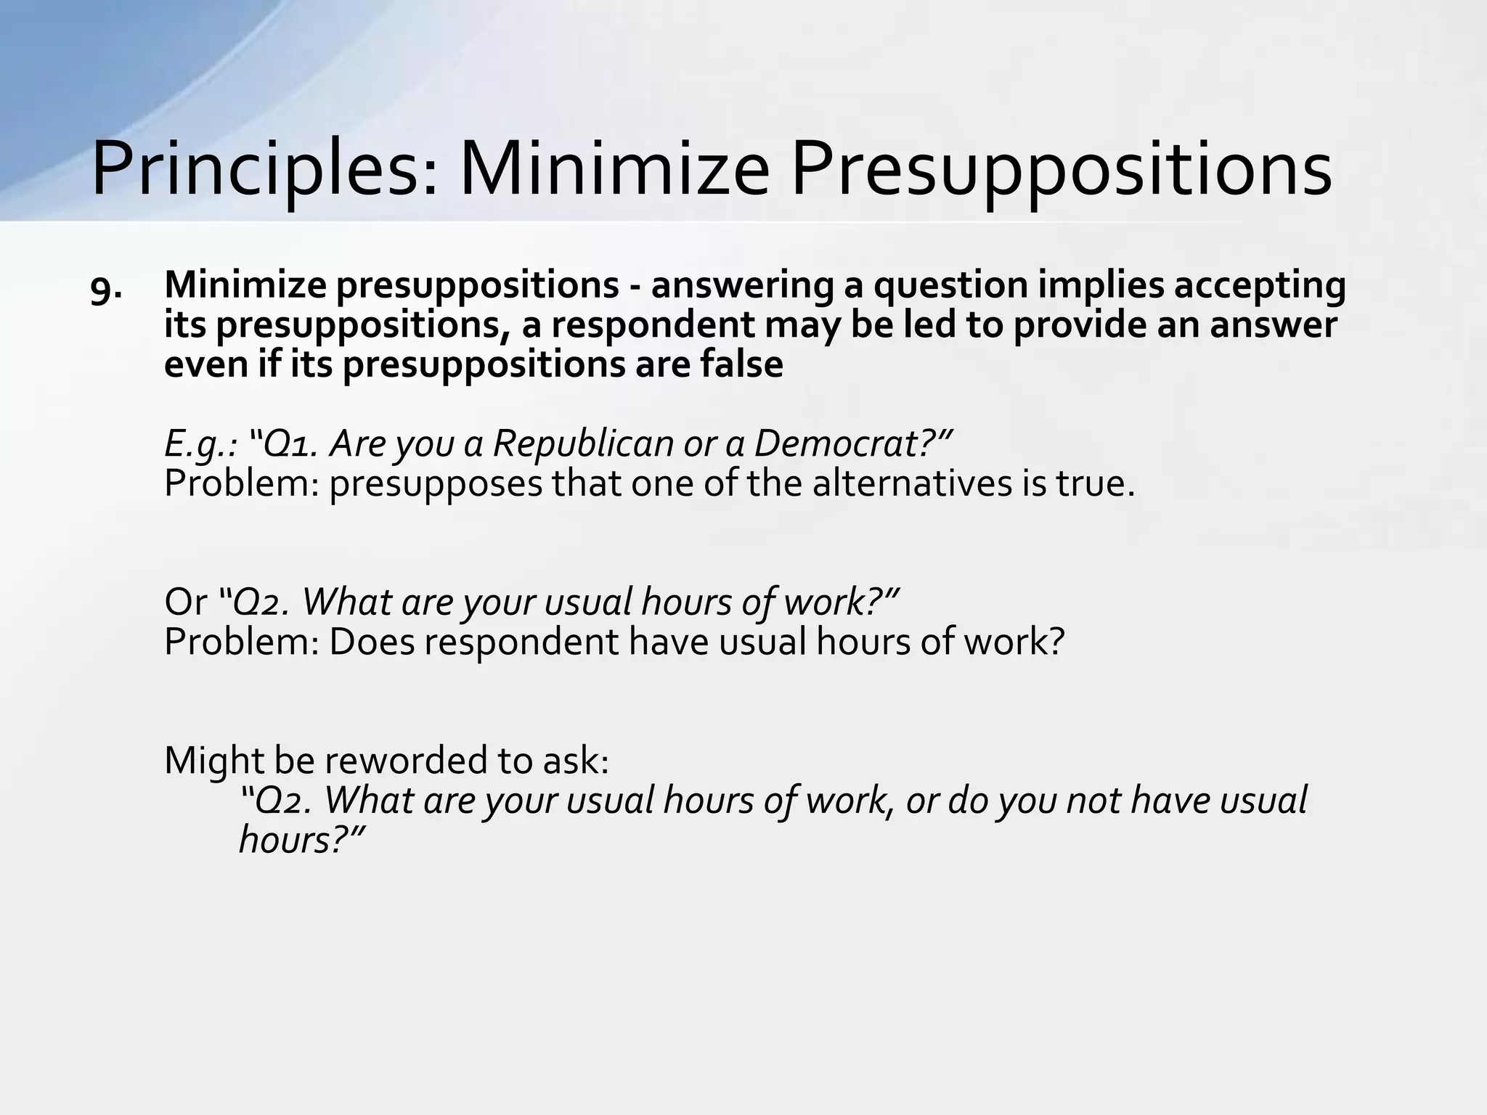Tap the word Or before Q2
(185, 601)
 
